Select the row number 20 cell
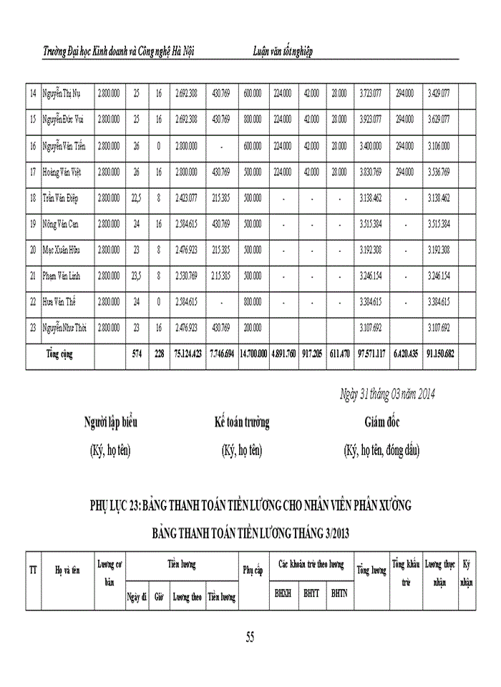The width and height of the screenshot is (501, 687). pos(33,250)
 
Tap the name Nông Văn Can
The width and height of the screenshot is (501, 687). pos(60,224)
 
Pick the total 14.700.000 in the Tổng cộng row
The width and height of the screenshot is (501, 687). pos(253,354)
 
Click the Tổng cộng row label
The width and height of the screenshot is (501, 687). pos(61,354)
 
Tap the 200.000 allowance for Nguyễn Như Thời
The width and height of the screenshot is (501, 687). pos(252,327)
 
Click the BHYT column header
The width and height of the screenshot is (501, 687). pos(311,593)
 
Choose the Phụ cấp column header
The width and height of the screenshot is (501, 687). pos(253,570)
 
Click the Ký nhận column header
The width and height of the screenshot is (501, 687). pos(467,572)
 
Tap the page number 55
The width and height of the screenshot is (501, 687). pos(250,637)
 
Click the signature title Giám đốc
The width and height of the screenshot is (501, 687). pos(381,423)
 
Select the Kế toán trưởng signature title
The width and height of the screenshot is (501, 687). pos(242,423)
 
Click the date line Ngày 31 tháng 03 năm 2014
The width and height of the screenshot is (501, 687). pos(386,394)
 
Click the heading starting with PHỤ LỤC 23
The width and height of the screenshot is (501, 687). pos(250,506)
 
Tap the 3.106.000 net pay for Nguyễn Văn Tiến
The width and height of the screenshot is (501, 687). pos(438,146)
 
